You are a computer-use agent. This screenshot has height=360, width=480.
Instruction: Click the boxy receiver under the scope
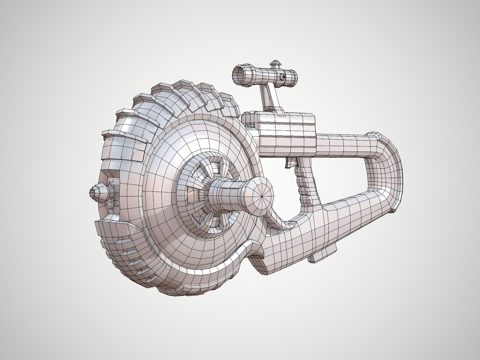287,132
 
